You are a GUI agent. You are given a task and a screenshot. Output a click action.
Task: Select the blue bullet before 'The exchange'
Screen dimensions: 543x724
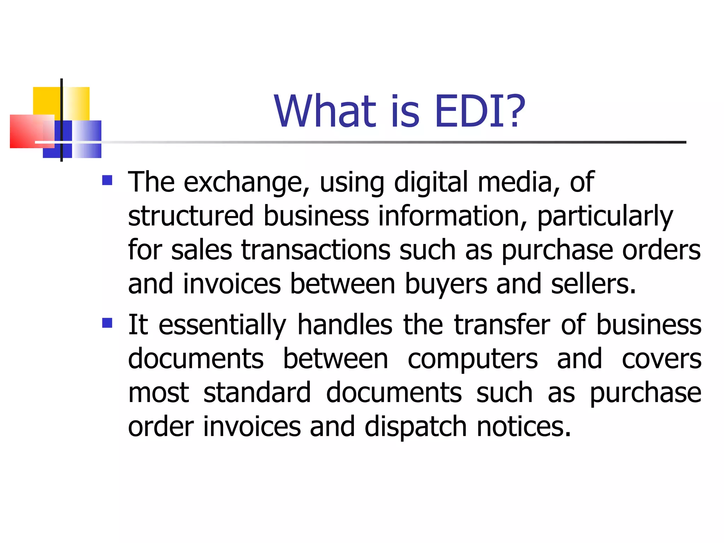pos(107,180)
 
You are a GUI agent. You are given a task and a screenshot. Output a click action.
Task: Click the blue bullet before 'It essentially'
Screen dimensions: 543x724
pos(107,323)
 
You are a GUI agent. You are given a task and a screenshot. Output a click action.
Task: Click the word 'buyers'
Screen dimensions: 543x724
pos(446,284)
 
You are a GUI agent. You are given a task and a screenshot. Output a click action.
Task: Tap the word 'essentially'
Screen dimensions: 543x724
pos(222,325)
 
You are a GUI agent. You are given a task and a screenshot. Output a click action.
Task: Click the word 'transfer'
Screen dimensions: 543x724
pos(502,325)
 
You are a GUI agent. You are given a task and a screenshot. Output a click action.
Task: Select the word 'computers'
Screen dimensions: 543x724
pos(473,359)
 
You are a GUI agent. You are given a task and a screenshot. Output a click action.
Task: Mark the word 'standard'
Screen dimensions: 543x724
pos(257,392)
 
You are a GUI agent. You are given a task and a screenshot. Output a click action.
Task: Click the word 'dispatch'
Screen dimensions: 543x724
pos(416,427)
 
